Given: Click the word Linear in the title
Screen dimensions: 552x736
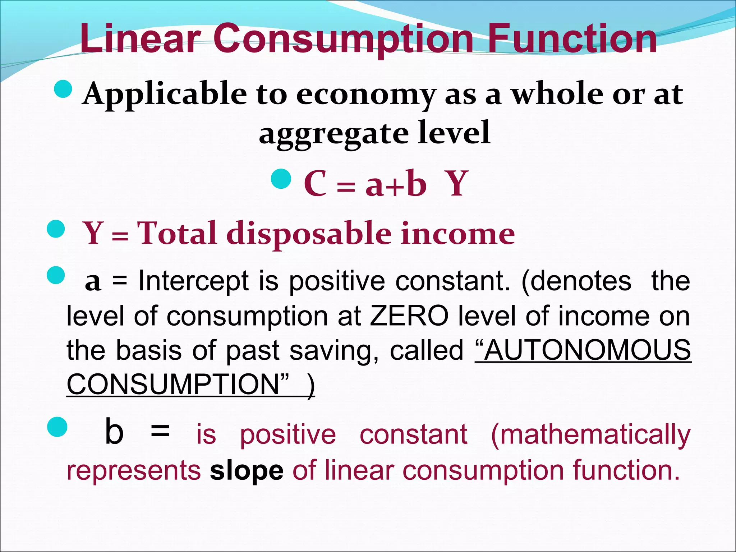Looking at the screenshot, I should point(140,38).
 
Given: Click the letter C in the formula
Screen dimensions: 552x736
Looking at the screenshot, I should point(315,184).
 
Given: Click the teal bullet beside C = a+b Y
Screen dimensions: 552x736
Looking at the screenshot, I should point(281,179).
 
